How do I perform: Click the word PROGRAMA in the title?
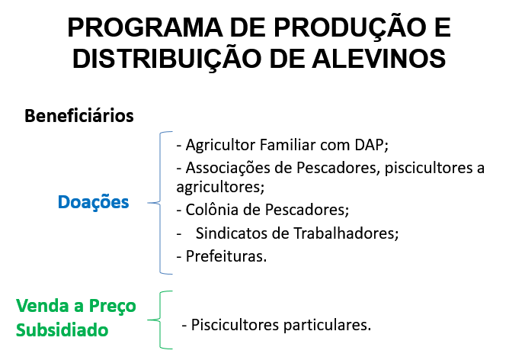tap(145, 27)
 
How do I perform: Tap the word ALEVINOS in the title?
tap(379, 59)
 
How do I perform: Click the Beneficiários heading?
tap(79, 116)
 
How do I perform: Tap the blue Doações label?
tap(94, 203)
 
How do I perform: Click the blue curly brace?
tap(160, 203)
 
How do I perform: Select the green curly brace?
tap(160, 320)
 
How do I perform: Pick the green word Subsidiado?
tap(62, 330)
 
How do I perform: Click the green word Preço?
tap(112, 307)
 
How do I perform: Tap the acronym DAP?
tap(370, 145)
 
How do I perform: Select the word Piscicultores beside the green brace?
tap(235, 325)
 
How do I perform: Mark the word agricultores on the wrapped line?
tap(219, 188)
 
